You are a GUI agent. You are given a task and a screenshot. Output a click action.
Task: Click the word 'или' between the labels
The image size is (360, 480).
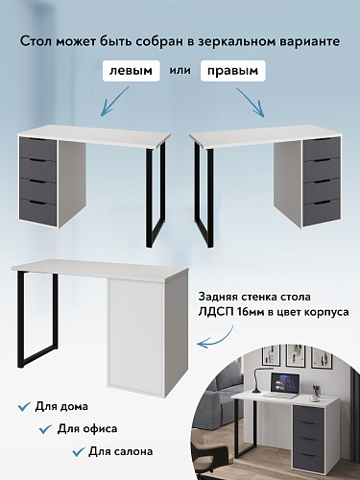pyautogui.click(x=182, y=72)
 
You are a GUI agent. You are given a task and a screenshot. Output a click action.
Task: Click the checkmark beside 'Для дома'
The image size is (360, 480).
pyautogui.click(x=24, y=408)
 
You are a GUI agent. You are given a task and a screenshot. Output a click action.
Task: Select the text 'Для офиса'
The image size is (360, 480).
pyautogui.click(x=89, y=427)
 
